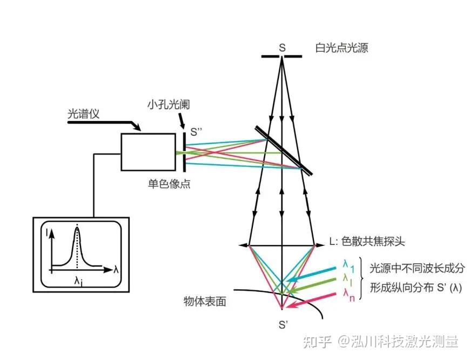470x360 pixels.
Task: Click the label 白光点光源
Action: point(341,48)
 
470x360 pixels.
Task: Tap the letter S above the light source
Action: point(282,47)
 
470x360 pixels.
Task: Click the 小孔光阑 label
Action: point(168,103)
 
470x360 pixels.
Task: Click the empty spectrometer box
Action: point(148,151)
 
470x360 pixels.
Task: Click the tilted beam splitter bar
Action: point(283,151)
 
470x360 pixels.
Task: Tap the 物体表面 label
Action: point(205,302)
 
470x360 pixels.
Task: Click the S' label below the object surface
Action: point(282,325)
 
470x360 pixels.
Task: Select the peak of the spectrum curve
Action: point(77,229)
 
